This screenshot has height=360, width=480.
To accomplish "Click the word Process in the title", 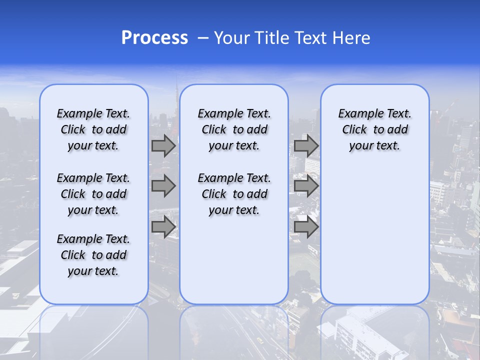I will coord(154,38).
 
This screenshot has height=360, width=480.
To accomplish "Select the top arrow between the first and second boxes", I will coord(163,146).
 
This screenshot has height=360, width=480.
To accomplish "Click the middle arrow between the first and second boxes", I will coord(163,186).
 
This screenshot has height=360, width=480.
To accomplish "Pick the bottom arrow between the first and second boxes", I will coord(163,226).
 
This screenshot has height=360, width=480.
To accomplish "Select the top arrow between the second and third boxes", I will coord(306,146).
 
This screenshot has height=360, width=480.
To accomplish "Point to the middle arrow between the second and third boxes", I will coord(306,186).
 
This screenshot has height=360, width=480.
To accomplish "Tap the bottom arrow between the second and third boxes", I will coord(306,226).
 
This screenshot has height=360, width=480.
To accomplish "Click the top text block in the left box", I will coord(93,129).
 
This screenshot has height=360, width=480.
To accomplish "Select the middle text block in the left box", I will coord(93,194).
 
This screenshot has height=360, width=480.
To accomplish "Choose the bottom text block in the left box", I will coord(93,255).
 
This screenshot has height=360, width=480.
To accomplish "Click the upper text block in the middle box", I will coord(234,129).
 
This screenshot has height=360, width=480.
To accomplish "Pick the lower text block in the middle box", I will coord(234,194).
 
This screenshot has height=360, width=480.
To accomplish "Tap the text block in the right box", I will coord(375,129).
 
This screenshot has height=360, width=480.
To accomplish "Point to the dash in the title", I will coord(203,38).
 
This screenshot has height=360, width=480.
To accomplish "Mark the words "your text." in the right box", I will coord(375,146).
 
